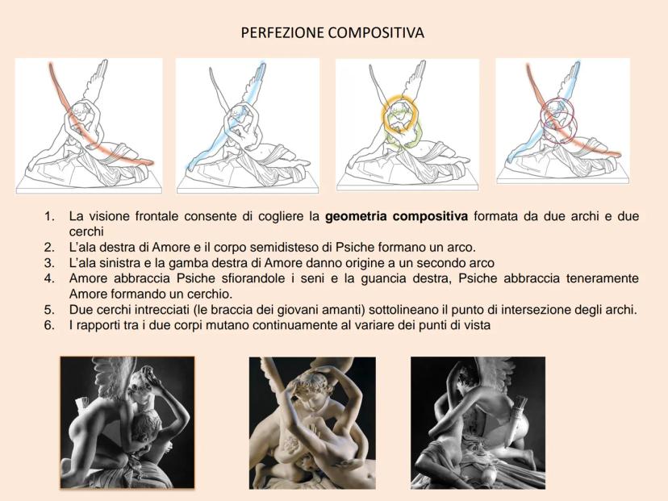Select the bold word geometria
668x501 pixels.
tap(356, 217)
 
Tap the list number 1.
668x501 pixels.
tap(49, 216)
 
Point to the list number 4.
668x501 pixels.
tap(49, 278)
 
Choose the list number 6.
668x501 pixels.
tap(49, 325)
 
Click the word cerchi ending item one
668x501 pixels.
tap(86, 232)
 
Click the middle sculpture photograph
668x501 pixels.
tap(312, 423)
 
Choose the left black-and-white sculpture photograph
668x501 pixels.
tap(127, 422)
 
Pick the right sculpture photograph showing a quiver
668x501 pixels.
tap(478, 423)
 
